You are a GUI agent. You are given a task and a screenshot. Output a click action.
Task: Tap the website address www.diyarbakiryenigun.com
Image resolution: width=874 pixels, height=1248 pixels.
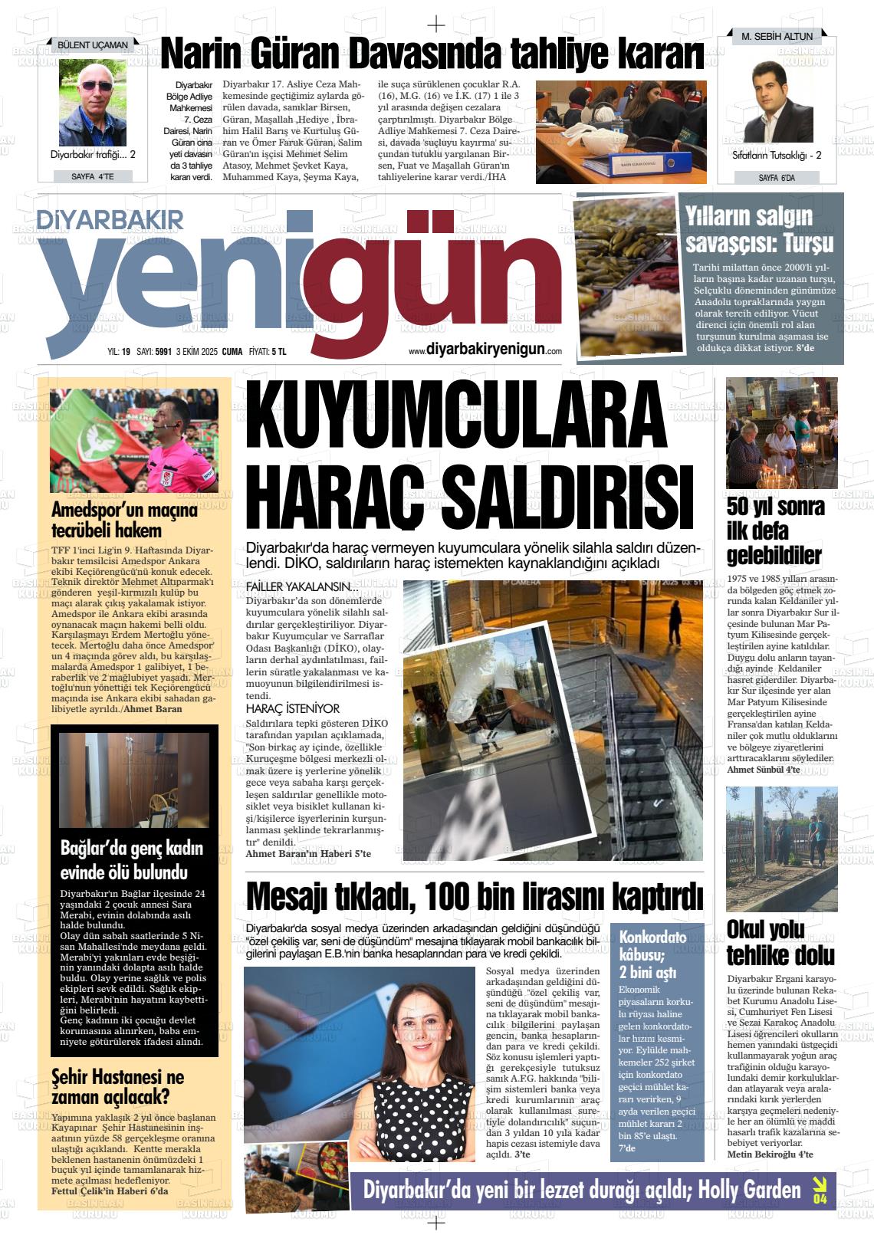[485, 350]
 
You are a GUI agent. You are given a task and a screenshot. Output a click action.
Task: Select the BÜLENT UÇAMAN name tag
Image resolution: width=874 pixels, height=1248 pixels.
[93, 45]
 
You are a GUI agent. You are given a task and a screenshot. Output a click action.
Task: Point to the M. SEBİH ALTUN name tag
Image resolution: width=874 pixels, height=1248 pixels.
[777, 36]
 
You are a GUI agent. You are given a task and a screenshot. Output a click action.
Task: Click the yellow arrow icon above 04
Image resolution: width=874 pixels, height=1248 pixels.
[820, 1185]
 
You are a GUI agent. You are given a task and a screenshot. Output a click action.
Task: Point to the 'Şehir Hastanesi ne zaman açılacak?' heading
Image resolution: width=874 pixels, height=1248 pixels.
[117, 1087]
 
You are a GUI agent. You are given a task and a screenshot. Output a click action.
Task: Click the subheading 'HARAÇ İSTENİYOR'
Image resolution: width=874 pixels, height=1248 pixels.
[292, 708]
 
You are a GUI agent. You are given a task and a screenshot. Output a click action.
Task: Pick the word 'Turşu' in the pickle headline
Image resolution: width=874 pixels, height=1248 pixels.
[807, 244]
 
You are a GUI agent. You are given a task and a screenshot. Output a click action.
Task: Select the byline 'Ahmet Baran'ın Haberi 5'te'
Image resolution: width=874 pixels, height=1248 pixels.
[307, 853]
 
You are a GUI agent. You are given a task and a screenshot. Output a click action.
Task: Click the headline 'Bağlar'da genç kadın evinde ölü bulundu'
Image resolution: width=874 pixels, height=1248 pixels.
[132, 860]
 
